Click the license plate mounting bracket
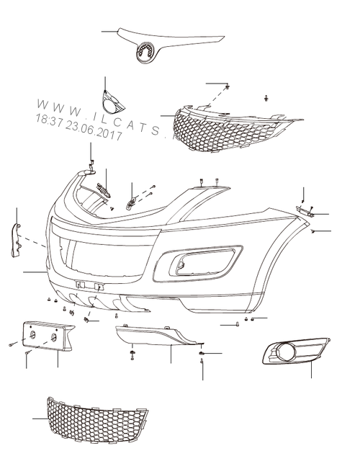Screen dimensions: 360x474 coord(48,336)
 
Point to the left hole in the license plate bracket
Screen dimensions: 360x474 coord(32,334)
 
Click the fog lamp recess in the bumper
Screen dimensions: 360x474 coord(198,262)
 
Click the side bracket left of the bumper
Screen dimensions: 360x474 coord(16,241)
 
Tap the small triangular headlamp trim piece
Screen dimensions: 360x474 coord(112,103)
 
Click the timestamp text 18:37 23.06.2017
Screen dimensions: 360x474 coord(78,128)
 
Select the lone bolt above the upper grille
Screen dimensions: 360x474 coord(266,98)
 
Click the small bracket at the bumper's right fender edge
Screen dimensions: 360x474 coord(305,211)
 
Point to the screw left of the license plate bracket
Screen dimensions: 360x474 coord(12,344)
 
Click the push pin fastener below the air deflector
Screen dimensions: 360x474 coord(132,354)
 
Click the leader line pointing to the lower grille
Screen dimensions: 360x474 coord(40,419)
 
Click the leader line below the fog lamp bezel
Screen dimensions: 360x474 coord(311,369)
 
